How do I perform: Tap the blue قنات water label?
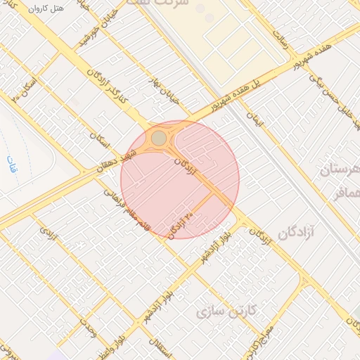10,165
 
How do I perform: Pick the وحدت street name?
87,328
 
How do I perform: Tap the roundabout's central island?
160,137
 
